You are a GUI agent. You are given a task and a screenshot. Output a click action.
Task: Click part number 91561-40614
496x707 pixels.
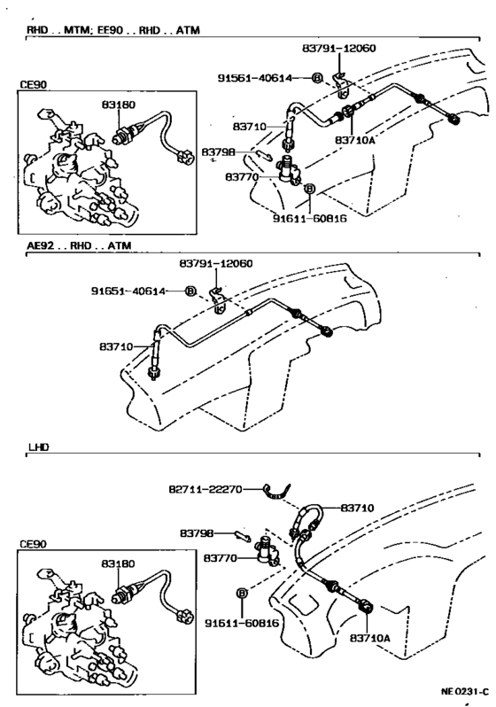coord(255,78)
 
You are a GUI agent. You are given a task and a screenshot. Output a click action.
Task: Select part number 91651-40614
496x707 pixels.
coord(128,291)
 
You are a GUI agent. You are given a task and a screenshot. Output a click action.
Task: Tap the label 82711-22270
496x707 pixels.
coord(205,489)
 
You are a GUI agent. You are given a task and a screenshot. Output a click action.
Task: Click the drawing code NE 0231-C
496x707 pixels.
coord(464,692)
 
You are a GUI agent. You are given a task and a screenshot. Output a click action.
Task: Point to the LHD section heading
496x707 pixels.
coord(39,447)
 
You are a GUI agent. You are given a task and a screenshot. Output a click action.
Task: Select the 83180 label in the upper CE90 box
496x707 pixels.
coord(118,105)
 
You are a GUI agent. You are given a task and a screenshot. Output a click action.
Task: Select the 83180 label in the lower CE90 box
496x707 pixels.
coord(118,563)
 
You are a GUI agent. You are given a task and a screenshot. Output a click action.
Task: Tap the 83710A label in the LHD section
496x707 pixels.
coord(369,638)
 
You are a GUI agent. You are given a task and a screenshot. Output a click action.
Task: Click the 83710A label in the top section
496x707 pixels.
coord(355,140)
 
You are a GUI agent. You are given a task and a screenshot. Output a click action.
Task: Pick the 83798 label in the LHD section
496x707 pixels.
coord(197,533)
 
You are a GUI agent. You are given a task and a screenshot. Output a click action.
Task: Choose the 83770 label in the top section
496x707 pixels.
coord(242,177)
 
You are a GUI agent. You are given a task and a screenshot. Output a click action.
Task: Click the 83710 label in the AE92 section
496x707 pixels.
coord(116,346)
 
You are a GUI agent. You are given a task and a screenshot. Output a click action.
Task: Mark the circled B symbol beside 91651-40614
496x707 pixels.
coord(190,291)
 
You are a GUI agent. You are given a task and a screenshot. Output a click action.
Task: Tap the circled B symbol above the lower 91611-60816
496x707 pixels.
coord(242,594)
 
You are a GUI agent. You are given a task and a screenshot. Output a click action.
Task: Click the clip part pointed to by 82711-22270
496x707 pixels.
coord(276,493)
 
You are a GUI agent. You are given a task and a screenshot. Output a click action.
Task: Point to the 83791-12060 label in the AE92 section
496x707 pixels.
coord(216,263)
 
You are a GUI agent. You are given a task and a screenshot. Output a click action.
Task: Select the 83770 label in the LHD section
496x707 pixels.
coord(221,558)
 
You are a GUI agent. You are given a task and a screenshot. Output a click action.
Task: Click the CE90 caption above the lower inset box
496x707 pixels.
coord(34,544)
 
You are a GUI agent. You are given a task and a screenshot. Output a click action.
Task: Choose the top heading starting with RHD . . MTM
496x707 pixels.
coord(113,30)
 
